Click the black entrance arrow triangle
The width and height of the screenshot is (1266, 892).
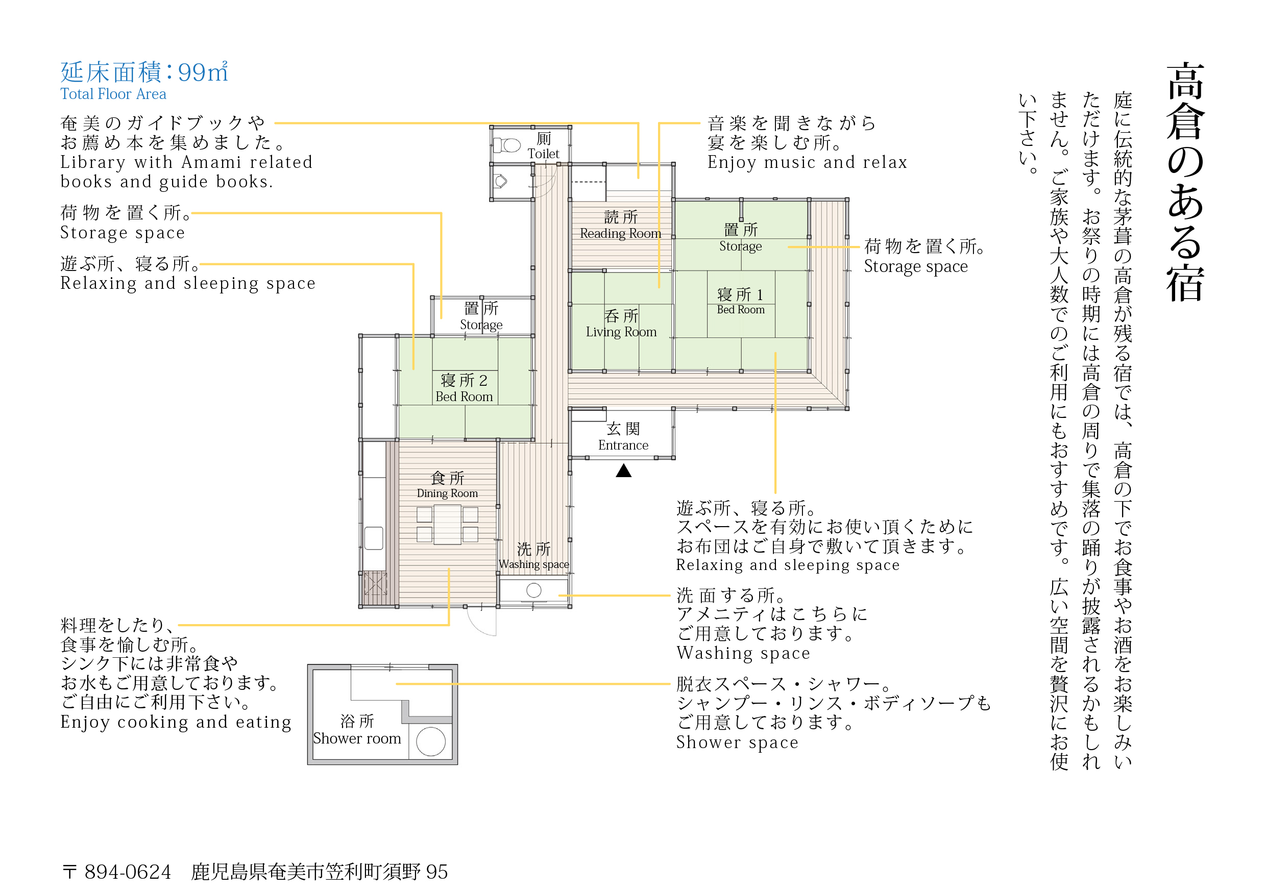[624, 470]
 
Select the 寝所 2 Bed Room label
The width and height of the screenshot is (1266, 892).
[464, 388]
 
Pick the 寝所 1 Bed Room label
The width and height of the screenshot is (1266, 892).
[741, 301]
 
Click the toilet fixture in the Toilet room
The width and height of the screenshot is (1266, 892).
[507, 145]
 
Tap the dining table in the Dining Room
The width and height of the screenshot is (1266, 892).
[447, 525]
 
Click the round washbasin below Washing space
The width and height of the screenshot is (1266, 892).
[534, 590]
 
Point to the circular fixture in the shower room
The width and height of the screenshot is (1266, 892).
[431, 741]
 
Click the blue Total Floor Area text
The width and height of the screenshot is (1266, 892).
[114, 94]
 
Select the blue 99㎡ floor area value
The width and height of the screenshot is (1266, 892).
[203, 72]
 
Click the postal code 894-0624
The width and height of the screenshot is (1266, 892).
[128, 872]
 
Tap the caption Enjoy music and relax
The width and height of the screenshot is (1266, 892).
[807, 162]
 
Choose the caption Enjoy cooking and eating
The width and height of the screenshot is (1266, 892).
[176, 722]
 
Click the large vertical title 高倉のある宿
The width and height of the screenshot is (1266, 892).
[1185, 182]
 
